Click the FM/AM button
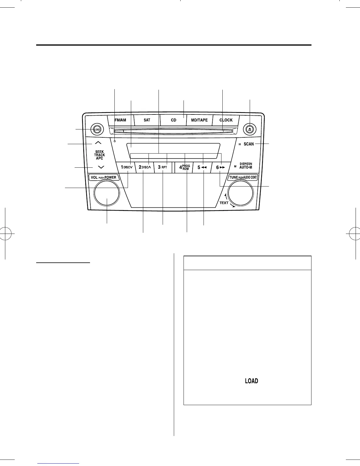[x=120, y=120]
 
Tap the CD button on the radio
[x=174, y=120]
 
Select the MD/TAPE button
[x=199, y=120]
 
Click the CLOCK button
[x=226, y=120]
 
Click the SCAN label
[x=249, y=144]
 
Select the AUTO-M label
[x=246, y=167]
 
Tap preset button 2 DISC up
[x=145, y=167]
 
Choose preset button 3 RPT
[x=163, y=167]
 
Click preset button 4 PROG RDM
[x=184, y=167]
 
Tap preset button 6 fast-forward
[x=221, y=167]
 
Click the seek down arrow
[x=101, y=167]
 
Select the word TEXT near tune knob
[x=224, y=203]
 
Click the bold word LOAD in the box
[x=251, y=381]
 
